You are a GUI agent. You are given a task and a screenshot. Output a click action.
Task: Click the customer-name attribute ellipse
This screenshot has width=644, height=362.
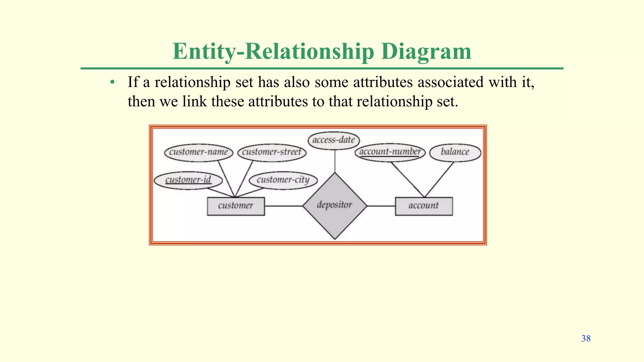(198, 153)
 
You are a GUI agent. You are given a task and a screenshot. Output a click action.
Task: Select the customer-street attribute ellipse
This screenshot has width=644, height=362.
(272, 153)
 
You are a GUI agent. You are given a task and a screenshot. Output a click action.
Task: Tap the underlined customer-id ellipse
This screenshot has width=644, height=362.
(188, 180)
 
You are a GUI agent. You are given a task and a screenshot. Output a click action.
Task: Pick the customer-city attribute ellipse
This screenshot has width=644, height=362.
(283, 180)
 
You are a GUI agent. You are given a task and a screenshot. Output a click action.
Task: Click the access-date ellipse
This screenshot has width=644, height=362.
(334, 140)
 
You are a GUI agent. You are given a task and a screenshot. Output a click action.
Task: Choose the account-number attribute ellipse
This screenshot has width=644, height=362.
(390, 152)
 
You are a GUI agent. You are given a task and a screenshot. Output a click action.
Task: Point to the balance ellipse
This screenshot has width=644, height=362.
(455, 153)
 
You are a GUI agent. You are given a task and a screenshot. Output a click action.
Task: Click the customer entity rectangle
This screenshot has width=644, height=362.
(236, 206)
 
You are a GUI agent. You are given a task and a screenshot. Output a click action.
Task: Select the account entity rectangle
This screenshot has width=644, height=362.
(424, 206)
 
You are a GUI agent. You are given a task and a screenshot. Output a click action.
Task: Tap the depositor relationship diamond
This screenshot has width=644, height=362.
(335, 206)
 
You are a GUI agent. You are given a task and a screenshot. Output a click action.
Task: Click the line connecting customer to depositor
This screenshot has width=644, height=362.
(283, 206)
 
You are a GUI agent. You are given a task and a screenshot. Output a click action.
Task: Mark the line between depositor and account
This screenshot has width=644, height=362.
(381, 206)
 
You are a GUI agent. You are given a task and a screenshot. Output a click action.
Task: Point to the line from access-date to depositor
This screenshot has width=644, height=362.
(335, 161)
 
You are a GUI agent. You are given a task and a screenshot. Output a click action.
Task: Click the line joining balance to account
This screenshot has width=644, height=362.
(439, 179)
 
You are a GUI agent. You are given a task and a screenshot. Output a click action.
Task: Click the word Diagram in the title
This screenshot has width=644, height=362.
(426, 51)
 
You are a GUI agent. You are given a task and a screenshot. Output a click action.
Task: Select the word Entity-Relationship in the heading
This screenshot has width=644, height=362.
(273, 51)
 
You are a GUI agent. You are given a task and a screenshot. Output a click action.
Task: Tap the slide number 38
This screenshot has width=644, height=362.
(586, 338)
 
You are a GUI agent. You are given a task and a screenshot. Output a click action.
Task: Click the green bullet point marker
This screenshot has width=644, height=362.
(112, 83)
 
